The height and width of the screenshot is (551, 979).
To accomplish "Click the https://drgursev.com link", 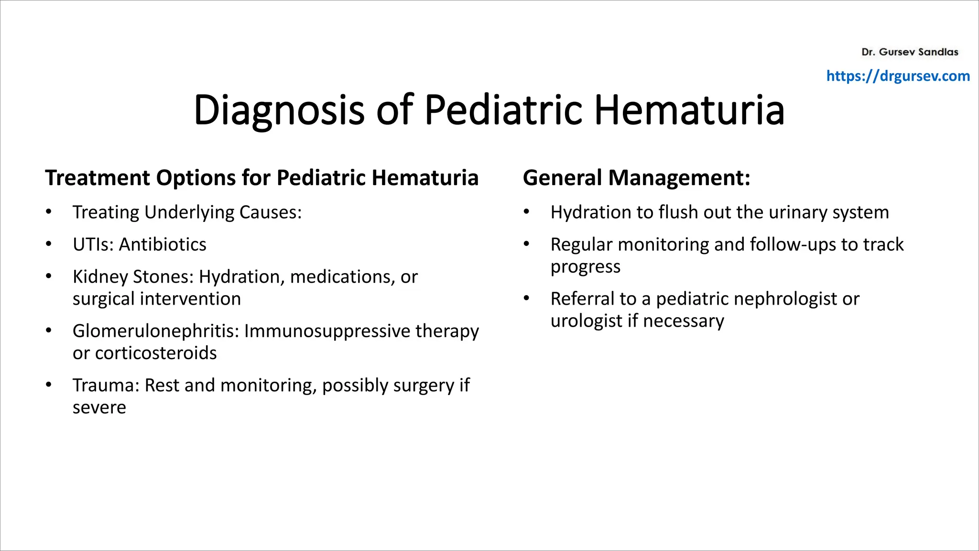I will [898, 76].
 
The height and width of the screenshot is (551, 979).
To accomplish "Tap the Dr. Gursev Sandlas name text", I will [910, 52].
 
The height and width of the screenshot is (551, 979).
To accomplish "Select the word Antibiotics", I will [163, 245].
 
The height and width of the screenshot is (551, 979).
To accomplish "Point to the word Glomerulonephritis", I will [155, 331].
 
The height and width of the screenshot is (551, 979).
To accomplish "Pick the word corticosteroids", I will [156, 353].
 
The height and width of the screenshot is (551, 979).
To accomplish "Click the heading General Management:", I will [636, 178].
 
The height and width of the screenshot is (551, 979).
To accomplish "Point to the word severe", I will [99, 408].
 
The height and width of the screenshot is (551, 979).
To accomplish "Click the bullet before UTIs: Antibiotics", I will [49, 244].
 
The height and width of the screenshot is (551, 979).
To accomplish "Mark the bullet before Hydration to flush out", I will [526, 212].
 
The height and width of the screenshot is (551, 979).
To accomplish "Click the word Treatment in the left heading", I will [98, 178].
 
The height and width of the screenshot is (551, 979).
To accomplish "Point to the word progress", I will [585, 267].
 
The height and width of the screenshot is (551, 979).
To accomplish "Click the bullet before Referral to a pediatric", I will [526, 298].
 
